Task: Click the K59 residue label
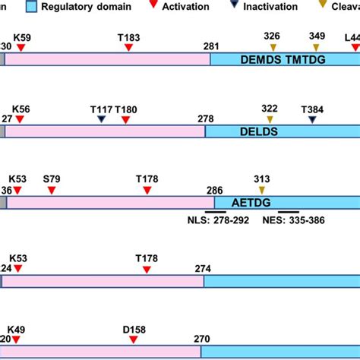point(21,36)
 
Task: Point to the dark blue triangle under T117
point(101,119)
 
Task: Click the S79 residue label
point(52,179)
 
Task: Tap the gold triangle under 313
point(262,190)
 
